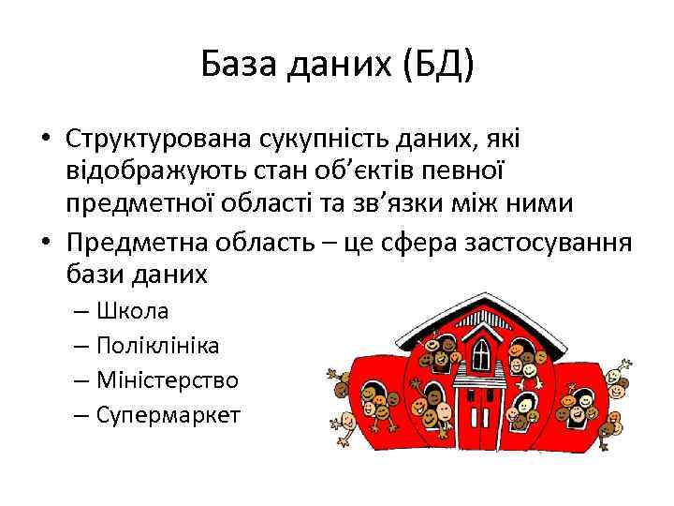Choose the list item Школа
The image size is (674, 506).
point(133,310)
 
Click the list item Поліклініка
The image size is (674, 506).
point(158,345)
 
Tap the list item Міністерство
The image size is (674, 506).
point(168,380)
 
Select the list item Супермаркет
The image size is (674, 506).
point(168,414)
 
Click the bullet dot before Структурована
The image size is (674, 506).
point(45,140)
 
